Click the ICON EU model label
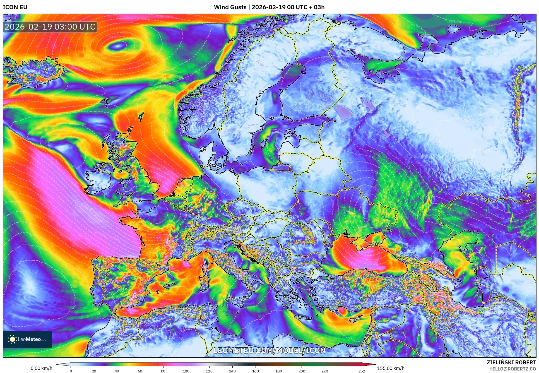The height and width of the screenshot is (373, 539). point(15,7)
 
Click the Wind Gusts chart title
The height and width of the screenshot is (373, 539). point(269,7)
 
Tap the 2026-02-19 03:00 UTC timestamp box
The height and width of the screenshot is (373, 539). point(50,27)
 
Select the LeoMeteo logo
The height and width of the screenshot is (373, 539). point(27,339)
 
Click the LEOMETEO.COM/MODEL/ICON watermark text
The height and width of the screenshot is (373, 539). point(269,350)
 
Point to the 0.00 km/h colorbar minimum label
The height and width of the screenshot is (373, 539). point(41,368)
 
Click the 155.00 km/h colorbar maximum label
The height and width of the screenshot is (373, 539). point(391,368)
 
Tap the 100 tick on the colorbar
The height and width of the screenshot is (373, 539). point(186,371)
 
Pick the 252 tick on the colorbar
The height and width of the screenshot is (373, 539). point(362,371)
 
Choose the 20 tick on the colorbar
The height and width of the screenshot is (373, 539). point(94,371)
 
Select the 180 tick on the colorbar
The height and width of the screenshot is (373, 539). point(278,371)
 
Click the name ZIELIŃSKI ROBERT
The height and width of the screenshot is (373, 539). point(511,362)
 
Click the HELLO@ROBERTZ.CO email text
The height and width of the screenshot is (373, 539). point(512,369)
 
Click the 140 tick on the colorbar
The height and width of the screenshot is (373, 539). point(232,371)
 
